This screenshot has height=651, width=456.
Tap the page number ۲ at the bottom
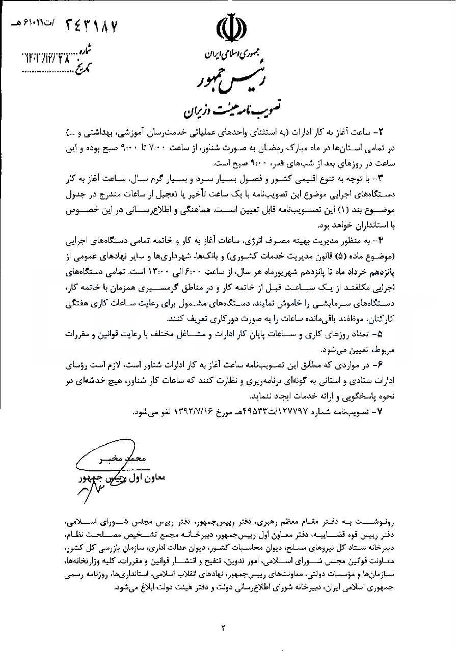pyautogui.click(x=223, y=627)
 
